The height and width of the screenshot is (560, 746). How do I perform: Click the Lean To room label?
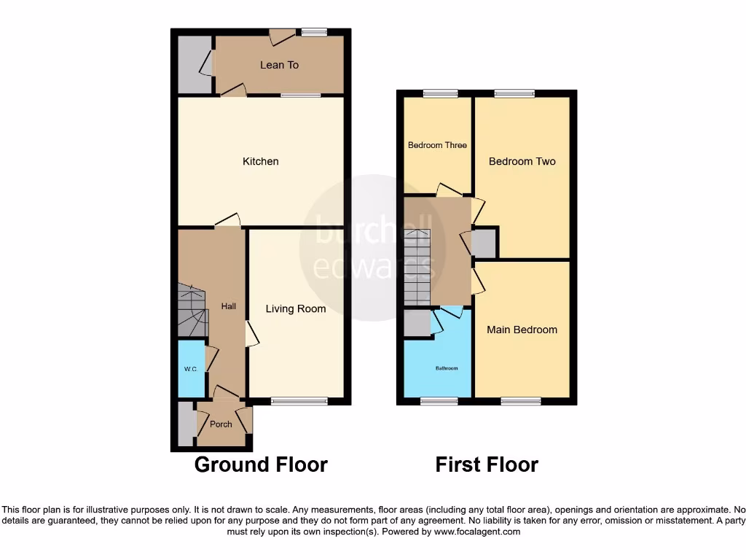tap(279, 65)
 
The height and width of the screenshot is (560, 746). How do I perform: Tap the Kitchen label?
tap(260, 161)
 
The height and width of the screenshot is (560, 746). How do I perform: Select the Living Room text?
tap(295, 309)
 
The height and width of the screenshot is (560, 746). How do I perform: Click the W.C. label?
tap(190, 370)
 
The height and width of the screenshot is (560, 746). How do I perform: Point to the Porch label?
tap(221, 424)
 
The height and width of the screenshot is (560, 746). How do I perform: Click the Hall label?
tap(229, 306)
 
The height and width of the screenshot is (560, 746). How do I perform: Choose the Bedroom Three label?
tap(437, 145)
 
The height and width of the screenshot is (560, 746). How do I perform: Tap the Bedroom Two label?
tap(522, 161)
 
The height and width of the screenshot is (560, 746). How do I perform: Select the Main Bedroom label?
tap(522, 330)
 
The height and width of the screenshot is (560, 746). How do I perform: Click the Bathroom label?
tap(447, 368)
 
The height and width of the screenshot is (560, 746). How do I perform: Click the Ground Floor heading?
tap(261, 464)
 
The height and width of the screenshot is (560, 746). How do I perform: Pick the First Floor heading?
tap(487, 464)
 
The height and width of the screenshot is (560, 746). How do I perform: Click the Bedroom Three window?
tap(441, 93)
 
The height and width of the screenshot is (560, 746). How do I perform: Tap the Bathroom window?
tap(439, 400)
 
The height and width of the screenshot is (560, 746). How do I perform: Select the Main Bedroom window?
tap(522, 400)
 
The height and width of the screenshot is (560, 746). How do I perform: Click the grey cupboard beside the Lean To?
tap(194, 64)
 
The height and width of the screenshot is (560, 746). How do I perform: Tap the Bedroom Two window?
tap(514, 93)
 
